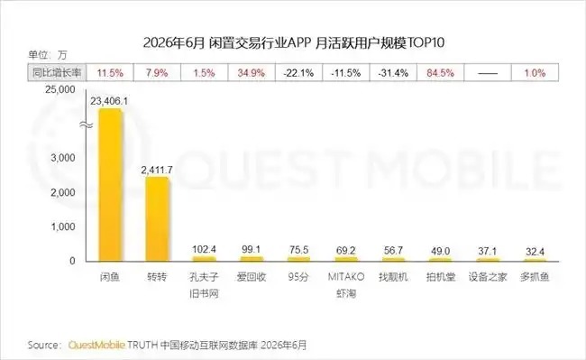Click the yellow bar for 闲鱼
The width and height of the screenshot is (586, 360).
[110, 185]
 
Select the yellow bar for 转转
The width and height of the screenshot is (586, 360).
[157, 218]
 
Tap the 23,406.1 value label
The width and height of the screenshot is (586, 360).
[109, 101]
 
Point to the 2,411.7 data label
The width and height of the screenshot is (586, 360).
[157, 171]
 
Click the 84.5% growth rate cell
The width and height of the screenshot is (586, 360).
[440, 72]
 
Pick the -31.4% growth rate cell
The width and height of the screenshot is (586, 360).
[393, 72]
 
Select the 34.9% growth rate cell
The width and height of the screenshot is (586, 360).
[252, 72]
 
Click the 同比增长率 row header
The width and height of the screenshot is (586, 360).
[57, 72]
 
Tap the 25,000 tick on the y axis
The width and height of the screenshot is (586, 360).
[60, 89]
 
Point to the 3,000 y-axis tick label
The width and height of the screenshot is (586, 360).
[63, 158]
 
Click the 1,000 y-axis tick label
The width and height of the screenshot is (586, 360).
[63, 226]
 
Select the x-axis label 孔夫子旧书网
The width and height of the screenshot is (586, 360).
[204, 285]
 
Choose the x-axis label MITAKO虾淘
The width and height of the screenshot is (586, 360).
[346, 285]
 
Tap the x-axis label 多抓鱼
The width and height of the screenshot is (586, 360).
[535, 277]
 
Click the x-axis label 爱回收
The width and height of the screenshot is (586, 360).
[252, 277]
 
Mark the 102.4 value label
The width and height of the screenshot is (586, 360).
[204, 249]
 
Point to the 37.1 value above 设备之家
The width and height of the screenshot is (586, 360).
[488, 251]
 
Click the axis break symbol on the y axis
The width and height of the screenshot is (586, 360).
[87, 125]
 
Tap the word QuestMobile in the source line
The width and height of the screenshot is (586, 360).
[96, 345]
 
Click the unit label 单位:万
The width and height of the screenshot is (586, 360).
[48, 55]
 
